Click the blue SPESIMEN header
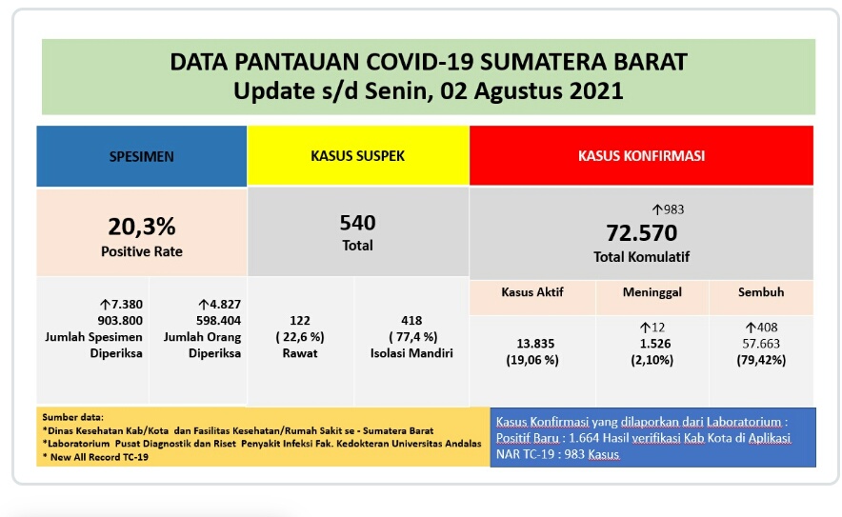[x=142, y=156]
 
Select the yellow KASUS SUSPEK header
[x=357, y=156]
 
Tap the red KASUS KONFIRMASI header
[x=641, y=156]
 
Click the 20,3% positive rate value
[x=142, y=227]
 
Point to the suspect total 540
[x=357, y=222]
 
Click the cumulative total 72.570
[x=642, y=233]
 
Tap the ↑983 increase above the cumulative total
[x=668, y=209]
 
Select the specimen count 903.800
[x=120, y=321]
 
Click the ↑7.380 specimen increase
[x=121, y=305]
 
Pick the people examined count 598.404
[x=218, y=321]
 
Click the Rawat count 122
[x=300, y=321]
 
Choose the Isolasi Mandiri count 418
[x=411, y=321]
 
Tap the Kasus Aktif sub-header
[x=532, y=292]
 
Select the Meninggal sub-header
[x=652, y=292]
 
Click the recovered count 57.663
[x=761, y=344]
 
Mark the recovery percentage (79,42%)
[x=761, y=360]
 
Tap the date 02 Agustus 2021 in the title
[x=531, y=90]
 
